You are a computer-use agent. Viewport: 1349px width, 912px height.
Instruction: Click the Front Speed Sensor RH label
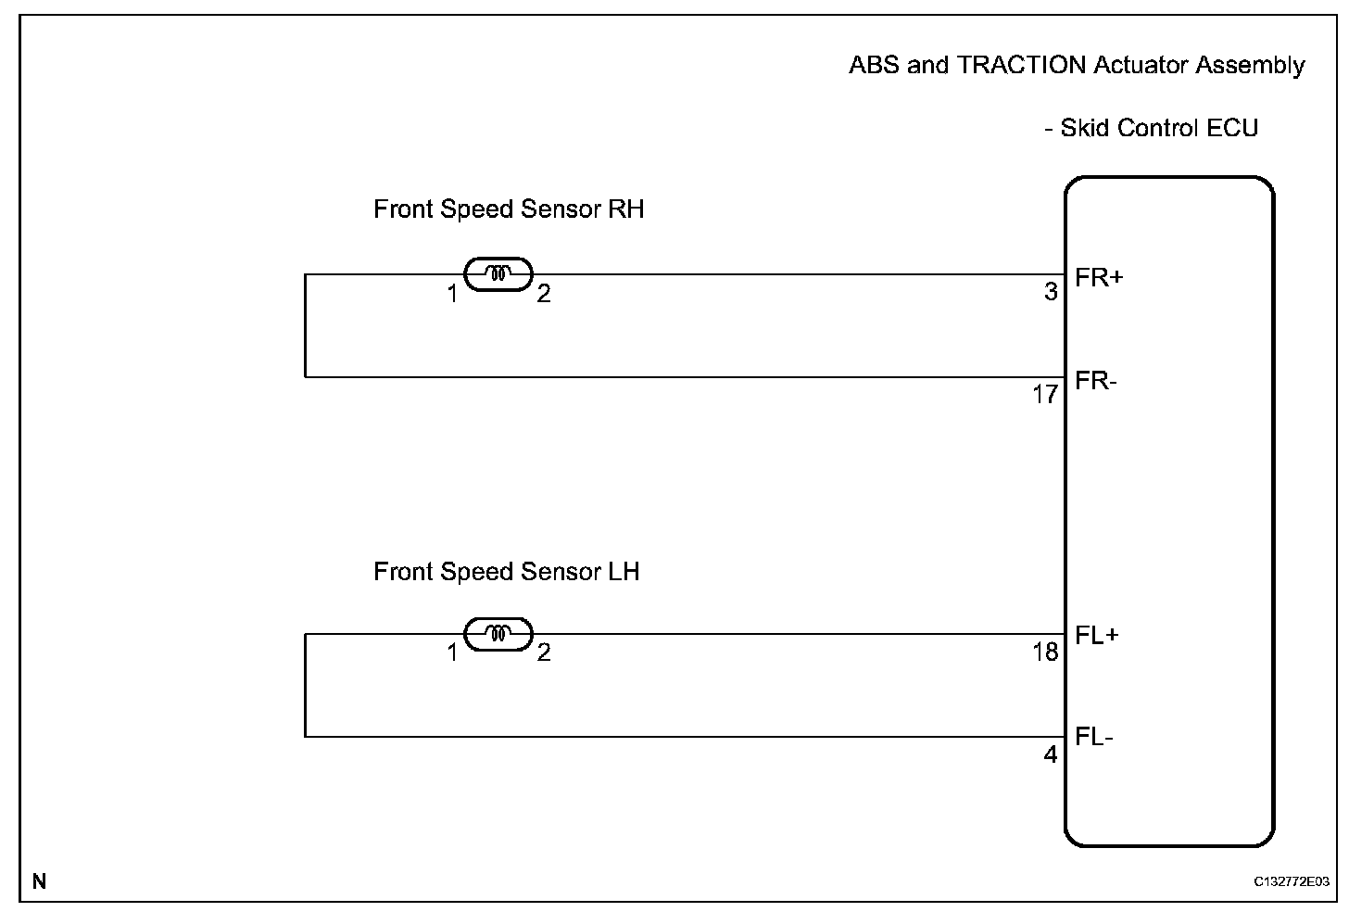coord(508,209)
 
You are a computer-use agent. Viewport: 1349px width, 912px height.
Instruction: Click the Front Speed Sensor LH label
coord(506,572)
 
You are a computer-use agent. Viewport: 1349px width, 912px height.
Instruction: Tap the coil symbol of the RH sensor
coord(498,273)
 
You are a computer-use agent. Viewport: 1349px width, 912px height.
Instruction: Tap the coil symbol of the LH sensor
coord(498,634)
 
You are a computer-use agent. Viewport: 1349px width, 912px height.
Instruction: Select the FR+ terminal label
coord(1099,277)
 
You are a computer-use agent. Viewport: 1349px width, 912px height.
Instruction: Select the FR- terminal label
coord(1096,381)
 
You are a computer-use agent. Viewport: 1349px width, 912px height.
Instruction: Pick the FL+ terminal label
coord(1098,636)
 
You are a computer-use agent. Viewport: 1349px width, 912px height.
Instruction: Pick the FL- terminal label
coord(1095,738)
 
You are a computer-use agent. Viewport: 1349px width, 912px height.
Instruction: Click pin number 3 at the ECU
coord(1051,292)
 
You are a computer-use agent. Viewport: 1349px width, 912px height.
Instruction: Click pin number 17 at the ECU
coord(1045,396)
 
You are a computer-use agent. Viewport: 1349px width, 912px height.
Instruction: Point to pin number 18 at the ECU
coord(1045,652)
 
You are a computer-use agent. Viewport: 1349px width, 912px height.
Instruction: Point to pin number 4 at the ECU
coord(1051,755)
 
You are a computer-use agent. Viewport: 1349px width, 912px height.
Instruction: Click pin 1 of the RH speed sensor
coord(452,295)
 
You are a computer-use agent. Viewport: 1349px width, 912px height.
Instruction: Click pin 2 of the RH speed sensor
coord(544,295)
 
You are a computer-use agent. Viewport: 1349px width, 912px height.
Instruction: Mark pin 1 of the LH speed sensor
coord(452,653)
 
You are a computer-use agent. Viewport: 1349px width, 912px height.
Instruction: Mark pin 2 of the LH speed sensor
coord(544,653)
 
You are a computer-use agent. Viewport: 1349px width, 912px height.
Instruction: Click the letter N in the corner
coord(39,881)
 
